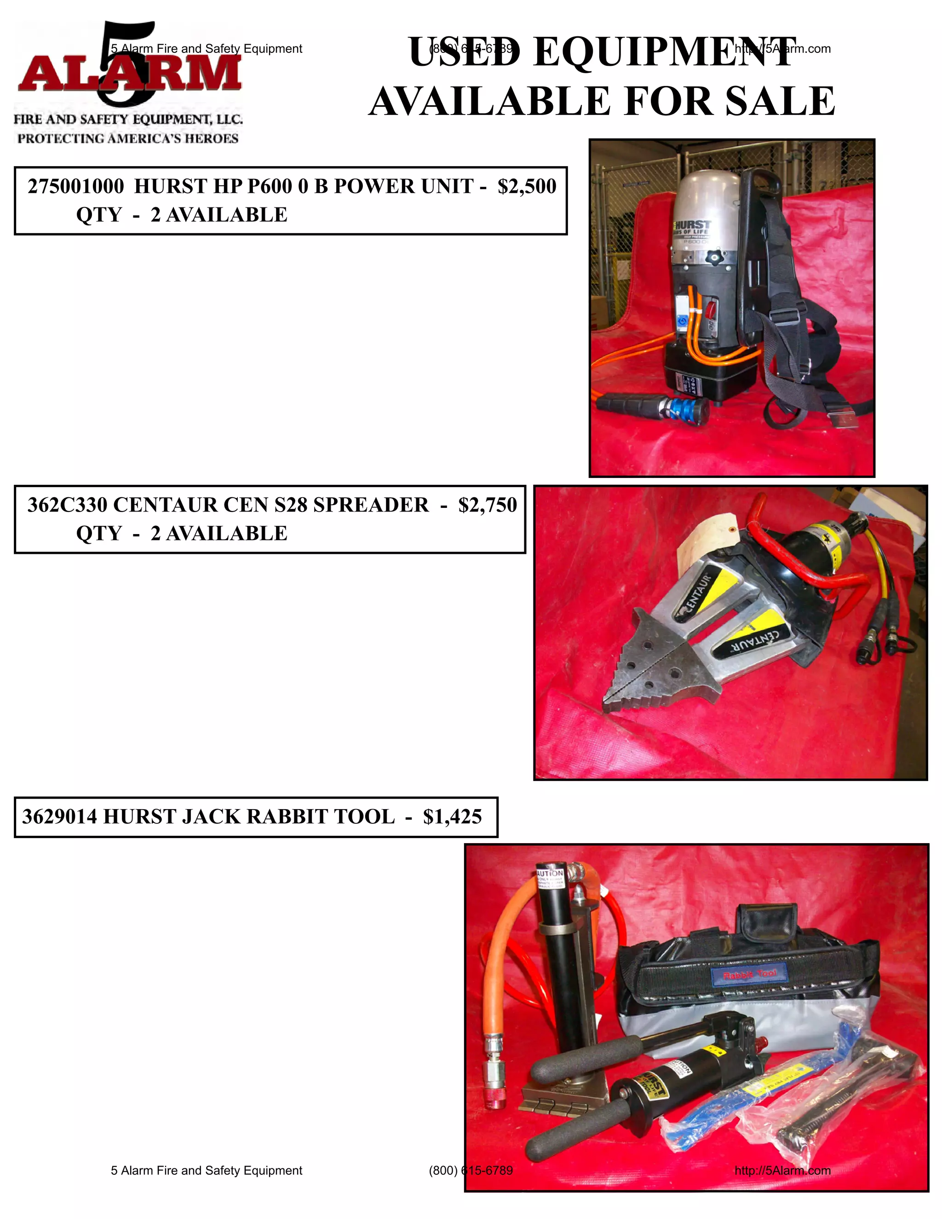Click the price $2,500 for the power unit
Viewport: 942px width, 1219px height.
point(526,186)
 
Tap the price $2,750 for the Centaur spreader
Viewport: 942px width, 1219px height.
point(487,505)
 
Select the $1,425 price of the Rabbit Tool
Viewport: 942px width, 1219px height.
point(452,817)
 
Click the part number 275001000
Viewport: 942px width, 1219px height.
point(76,186)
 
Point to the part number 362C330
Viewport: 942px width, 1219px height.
point(67,505)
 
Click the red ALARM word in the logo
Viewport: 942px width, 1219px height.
point(129,74)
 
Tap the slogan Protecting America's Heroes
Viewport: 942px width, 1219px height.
point(128,138)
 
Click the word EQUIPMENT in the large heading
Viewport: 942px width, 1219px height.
point(664,52)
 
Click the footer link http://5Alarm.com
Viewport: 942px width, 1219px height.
point(782,1170)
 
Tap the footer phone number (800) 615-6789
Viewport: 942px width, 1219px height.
point(471,1170)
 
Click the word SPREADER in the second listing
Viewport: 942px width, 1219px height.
point(371,505)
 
